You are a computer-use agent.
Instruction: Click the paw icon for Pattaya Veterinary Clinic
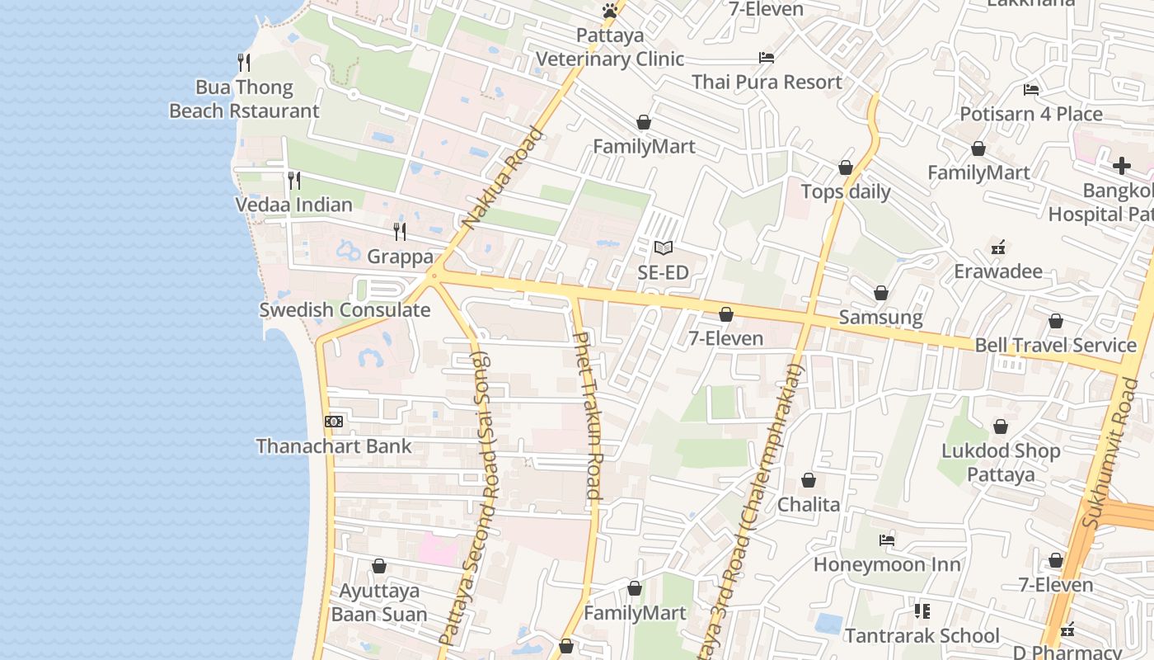point(609,11)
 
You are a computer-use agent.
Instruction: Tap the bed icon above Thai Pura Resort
point(766,58)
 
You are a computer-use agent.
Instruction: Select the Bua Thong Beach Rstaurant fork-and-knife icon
point(244,62)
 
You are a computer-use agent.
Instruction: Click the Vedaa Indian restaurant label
point(293,205)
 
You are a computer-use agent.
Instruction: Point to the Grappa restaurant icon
point(400,231)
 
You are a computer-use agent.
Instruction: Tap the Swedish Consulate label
point(345,310)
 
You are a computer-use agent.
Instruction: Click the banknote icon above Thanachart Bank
point(334,422)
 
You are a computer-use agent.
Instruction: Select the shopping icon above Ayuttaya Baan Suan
point(379,566)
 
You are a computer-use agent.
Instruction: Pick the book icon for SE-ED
point(664,247)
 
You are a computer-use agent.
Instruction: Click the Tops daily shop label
point(846,192)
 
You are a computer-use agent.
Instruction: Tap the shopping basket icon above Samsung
point(880,293)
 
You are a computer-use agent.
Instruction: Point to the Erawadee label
point(998,271)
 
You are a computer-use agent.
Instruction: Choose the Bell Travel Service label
point(1055,345)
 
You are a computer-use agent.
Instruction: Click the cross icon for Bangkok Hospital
point(1121,166)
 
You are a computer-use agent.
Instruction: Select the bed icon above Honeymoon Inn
point(887,540)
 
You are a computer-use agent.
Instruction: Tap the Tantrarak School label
point(922,636)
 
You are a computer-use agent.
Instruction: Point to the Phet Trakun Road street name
point(588,416)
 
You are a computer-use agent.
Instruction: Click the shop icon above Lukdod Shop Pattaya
point(1001,427)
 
